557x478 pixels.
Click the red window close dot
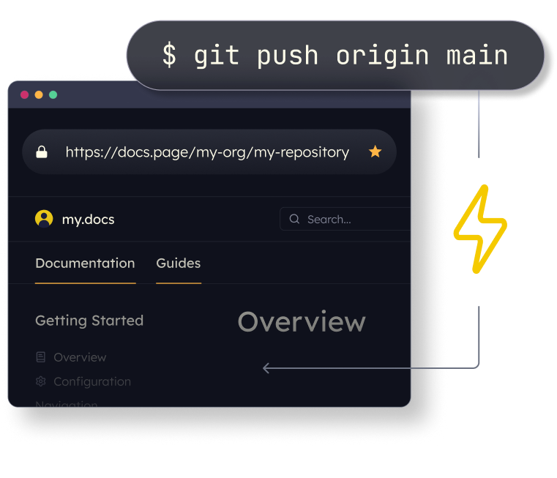coord(24,94)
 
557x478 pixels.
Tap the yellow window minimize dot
coord(39,94)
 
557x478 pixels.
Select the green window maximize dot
coord(53,94)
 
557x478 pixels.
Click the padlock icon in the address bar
coord(42,152)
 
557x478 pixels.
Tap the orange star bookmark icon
coord(375,152)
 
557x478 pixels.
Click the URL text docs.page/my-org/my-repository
coord(207,152)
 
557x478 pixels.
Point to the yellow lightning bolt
coord(480,229)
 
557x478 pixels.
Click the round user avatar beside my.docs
coord(44,219)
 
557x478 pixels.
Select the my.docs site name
coord(88,219)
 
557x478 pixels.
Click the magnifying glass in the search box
coord(294,219)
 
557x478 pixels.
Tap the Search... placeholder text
coord(329,219)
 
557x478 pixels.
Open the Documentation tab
coord(85,263)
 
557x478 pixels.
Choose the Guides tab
coord(178,263)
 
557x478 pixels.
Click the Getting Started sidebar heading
coord(89,321)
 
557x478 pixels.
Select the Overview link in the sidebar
coord(80,357)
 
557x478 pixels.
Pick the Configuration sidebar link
coord(92,381)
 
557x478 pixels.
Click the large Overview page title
coord(302,322)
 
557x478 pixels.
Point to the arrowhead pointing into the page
coord(266,368)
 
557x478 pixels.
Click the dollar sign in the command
coord(169,56)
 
